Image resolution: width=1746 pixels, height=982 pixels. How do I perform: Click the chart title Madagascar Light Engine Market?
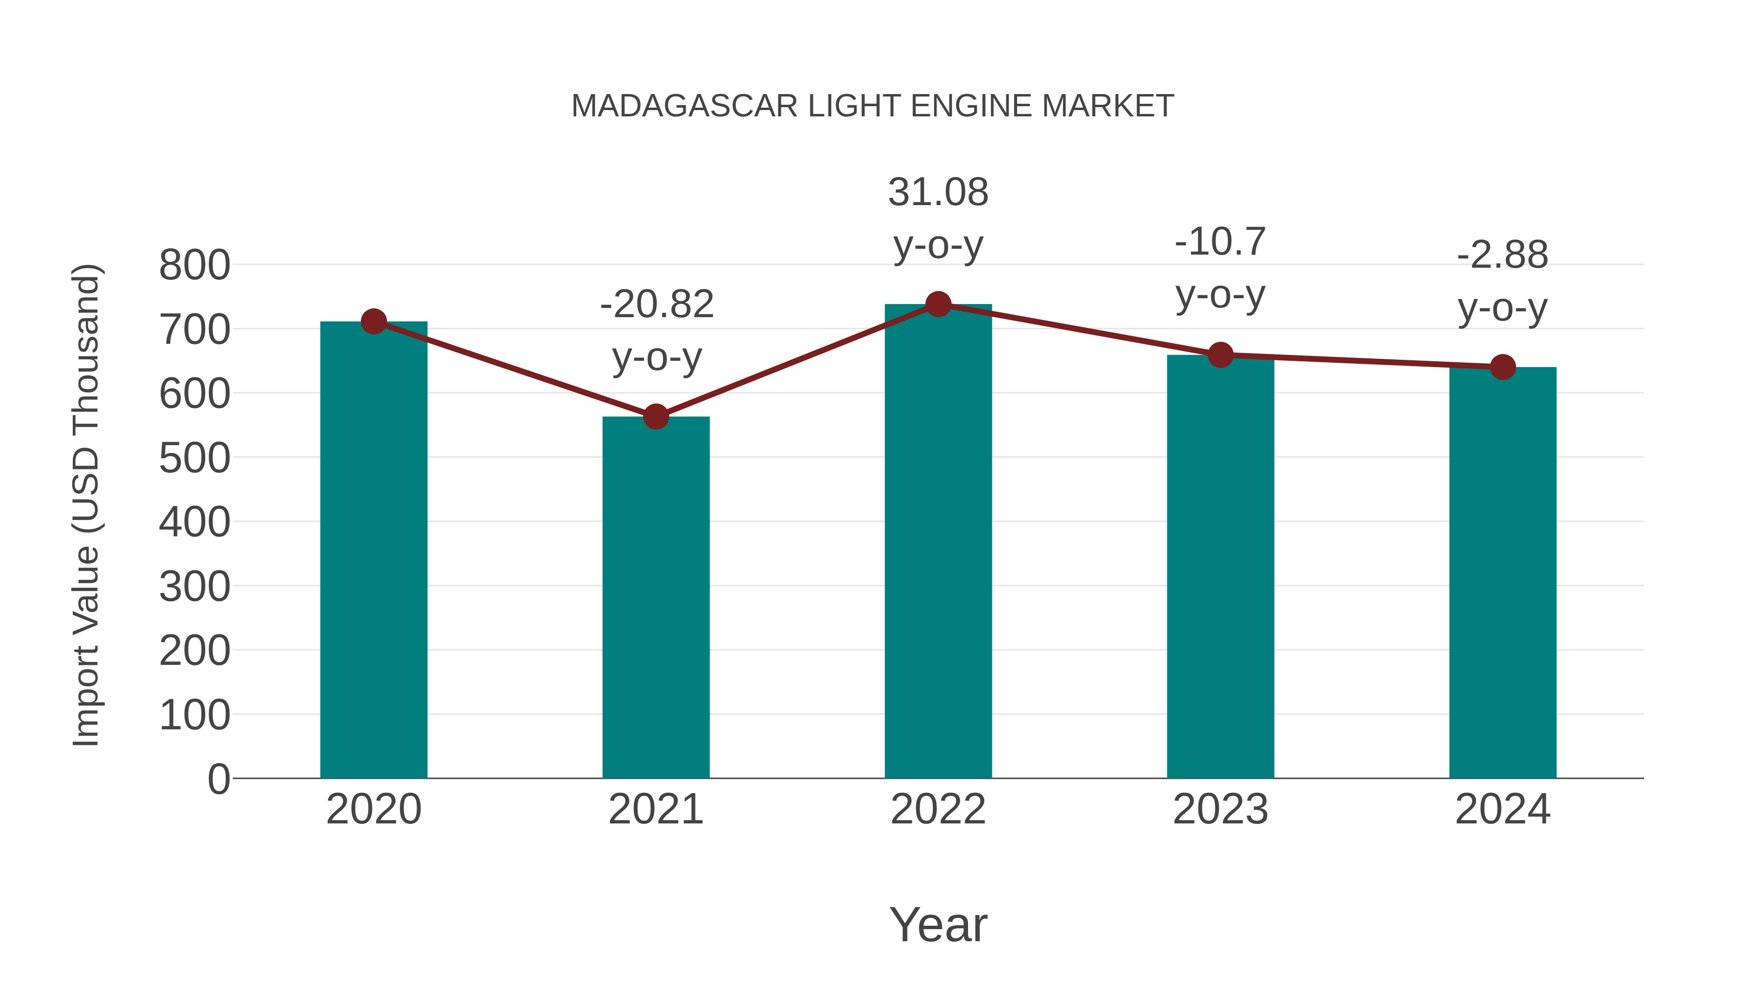click(x=873, y=106)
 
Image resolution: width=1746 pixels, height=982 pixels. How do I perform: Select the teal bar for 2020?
click(x=373, y=549)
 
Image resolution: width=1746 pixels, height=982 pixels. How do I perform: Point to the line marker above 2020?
click(x=373, y=322)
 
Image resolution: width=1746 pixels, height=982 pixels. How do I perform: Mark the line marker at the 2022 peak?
click(x=938, y=304)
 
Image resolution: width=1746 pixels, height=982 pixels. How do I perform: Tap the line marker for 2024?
click(x=1503, y=367)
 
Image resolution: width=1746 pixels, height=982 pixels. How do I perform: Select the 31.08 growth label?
click(x=938, y=193)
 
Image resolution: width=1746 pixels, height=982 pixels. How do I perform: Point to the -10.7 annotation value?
click(x=1220, y=242)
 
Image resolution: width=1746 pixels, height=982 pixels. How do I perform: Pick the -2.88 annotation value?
click(x=1503, y=256)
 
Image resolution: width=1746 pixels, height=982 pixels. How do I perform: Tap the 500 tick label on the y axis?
click(x=194, y=458)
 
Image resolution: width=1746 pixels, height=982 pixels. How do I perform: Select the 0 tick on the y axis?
click(x=218, y=779)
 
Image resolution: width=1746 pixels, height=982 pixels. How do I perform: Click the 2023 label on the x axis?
click(x=1220, y=809)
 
